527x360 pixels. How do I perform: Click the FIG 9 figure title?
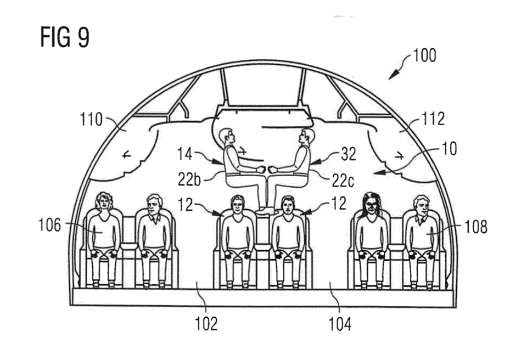pos(65,37)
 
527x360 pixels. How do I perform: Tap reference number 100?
pos(424,55)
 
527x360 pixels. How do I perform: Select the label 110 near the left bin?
pos(91,119)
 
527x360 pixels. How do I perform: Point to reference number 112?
pos(433,119)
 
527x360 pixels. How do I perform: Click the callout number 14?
pos(185,154)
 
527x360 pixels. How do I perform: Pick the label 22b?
pos(189,179)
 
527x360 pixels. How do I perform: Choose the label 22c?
pos(343,181)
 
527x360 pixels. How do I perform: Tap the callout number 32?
pos(348,154)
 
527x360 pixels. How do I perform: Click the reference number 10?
pos(448,148)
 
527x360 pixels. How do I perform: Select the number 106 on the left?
pos(50,225)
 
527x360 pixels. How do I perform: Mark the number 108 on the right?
pos(475,227)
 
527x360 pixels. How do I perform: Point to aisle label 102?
pos(206,324)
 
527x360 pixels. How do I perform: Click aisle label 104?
pos(340,324)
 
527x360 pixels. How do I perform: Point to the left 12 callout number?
pos(186,204)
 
